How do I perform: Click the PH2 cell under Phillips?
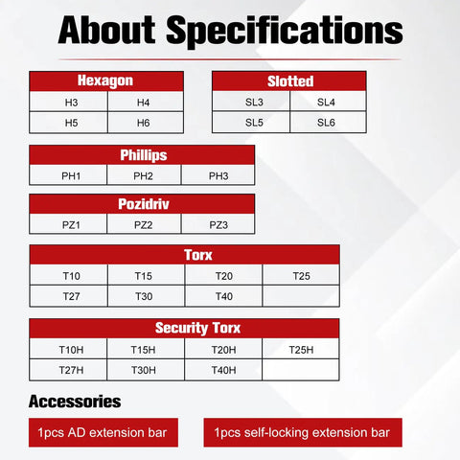(x=144, y=175)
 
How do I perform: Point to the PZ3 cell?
(x=218, y=224)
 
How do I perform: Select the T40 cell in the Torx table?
(x=223, y=296)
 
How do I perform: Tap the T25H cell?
(x=301, y=349)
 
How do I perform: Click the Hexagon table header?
(x=106, y=81)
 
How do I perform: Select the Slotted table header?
(x=289, y=81)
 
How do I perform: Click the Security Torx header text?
(x=197, y=328)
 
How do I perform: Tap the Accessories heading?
(x=75, y=402)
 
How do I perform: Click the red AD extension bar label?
(x=103, y=432)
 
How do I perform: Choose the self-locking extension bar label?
(x=303, y=432)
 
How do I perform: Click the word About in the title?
(x=106, y=30)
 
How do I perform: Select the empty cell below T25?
(x=301, y=296)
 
